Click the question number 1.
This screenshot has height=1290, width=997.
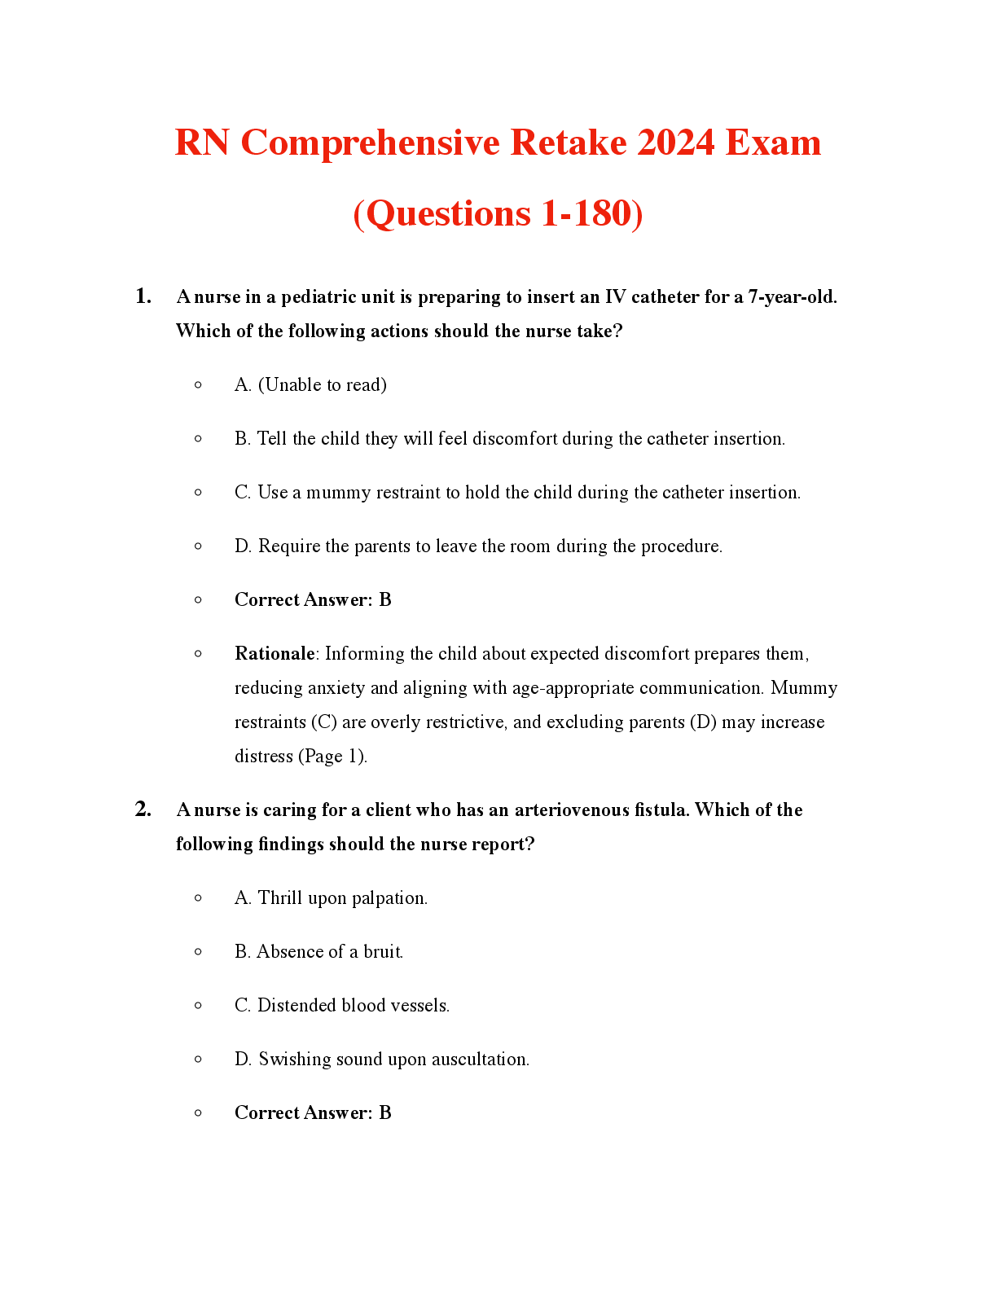pos(143,296)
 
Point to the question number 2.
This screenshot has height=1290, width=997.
pos(143,810)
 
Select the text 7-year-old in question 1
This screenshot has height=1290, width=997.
pos(792,297)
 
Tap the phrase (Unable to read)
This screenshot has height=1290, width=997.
pos(322,385)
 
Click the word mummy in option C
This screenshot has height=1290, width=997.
pos(338,493)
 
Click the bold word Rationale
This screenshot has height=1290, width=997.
pos(275,654)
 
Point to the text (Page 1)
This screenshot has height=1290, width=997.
pos(333,757)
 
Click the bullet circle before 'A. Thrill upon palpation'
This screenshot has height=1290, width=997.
pos(198,898)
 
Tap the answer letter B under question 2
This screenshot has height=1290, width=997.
pos(385,1113)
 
